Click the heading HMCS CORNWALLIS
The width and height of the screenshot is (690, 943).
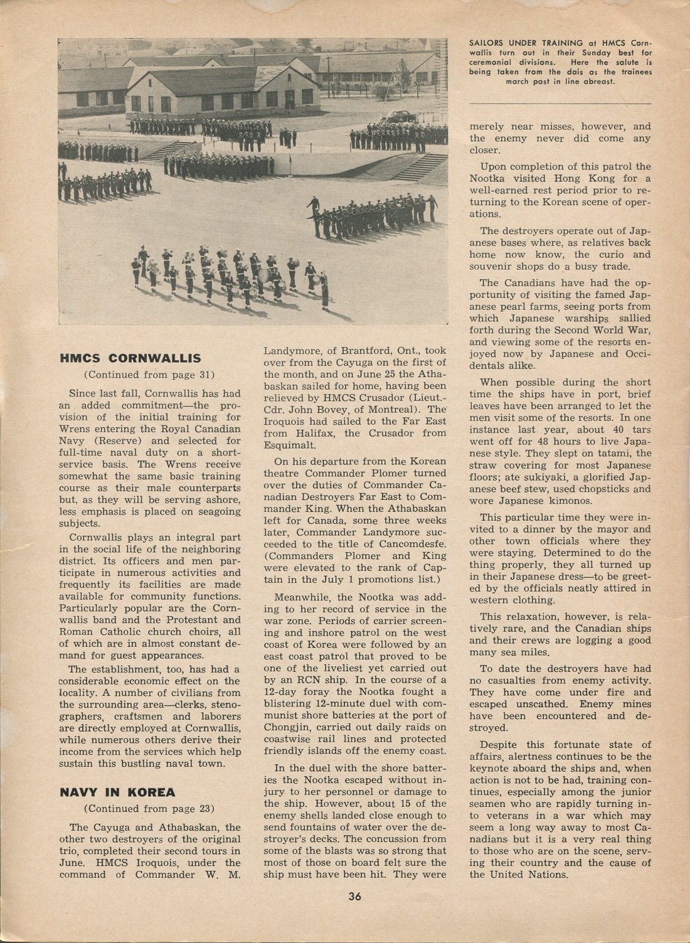(x=130, y=358)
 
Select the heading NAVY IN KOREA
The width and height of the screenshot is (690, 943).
(x=117, y=792)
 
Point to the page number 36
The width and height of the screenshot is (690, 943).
(x=355, y=896)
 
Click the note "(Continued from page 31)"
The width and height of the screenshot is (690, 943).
(x=149, y=375)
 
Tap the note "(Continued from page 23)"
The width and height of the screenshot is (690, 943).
(x=149, y=808)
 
